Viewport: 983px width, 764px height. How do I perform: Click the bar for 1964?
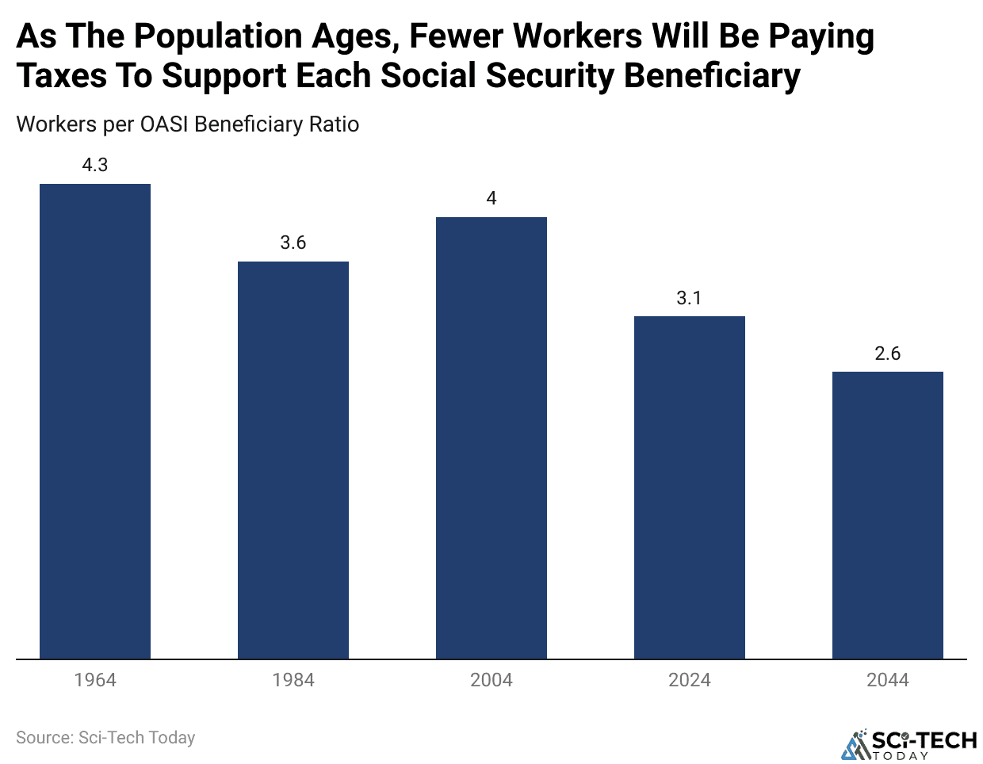[95, 421]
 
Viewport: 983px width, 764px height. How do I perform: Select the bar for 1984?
[293, 460]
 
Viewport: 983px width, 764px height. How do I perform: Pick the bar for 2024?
[690, 487]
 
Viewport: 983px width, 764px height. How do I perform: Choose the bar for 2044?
[888, 515]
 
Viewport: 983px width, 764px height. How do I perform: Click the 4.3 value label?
[95, 166]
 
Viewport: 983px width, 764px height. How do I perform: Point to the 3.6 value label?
[293, 243]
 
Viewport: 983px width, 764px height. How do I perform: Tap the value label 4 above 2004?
[491, 199]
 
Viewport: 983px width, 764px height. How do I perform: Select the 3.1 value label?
[690, 299]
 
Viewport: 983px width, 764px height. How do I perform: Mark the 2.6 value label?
[888, 354]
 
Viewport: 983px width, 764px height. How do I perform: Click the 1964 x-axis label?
[95, 680]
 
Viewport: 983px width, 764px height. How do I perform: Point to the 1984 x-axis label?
[293, 680]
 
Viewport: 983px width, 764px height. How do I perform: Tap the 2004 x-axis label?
[491, 680]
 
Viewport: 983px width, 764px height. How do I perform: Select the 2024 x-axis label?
[690, 680]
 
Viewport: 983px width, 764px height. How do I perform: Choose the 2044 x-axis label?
[888, 680]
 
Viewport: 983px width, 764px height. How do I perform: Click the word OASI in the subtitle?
[165, 124]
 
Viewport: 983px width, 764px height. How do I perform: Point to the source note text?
[105, 738]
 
